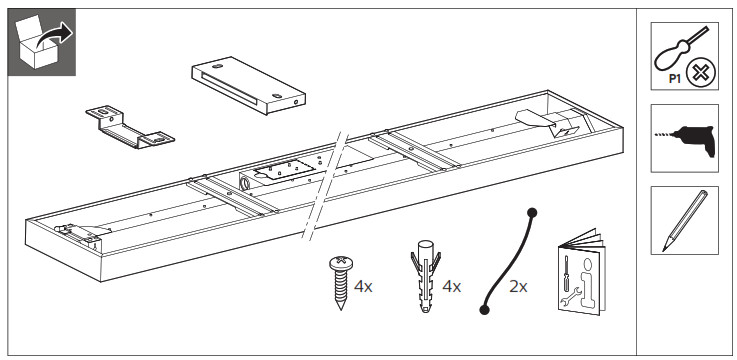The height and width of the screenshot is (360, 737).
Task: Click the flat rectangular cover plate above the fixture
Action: coord(247,87)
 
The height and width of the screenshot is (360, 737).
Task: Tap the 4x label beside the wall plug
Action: coord(451,287)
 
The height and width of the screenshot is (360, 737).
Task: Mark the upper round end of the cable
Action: coord(533,212)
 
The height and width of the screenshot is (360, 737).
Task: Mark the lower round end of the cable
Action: coord(484,310)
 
